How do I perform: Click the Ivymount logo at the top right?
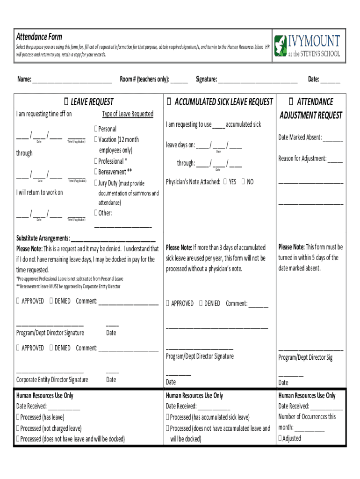(307, 47)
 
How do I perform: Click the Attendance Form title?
(39, 36)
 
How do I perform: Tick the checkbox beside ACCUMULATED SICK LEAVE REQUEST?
(169, 102)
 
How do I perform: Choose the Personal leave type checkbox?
(96, 129)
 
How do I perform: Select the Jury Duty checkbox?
(96, 182)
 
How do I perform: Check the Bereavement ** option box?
(96, 172)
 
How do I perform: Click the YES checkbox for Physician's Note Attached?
(225, 181)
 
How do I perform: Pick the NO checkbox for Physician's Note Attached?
(243, 181)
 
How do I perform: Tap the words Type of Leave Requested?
(128, 114)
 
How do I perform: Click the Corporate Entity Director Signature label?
(52, 380)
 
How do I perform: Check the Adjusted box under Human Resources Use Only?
(280, 438)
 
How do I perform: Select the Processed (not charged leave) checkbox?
(18, 428)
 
